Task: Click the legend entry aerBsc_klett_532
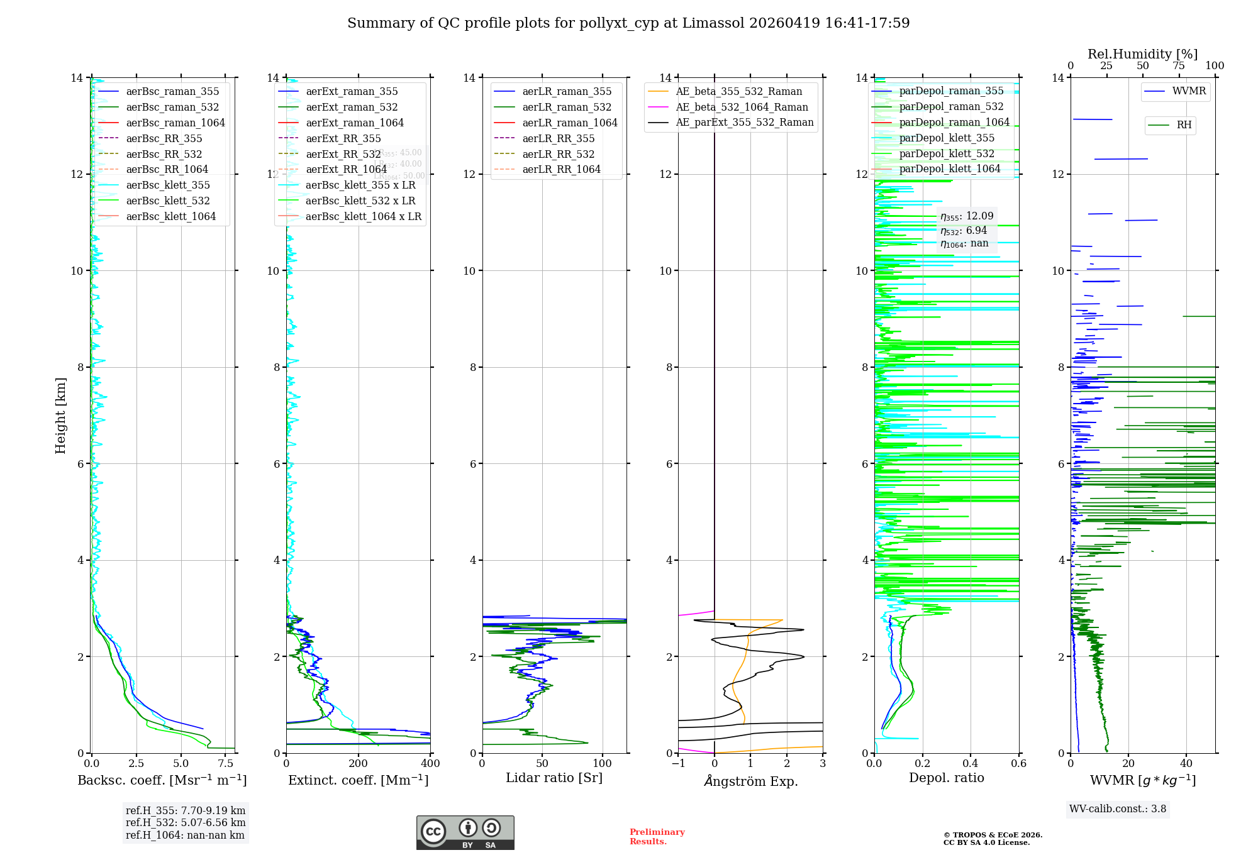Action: click(168, 201)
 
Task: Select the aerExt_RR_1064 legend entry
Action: click(346, 170)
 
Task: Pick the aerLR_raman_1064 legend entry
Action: click(570, 123)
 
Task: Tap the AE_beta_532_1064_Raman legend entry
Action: click(742, 108)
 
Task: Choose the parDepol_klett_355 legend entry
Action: click(947, 138)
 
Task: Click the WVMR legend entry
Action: click(1189, 91)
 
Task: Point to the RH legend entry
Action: click(1184, 125)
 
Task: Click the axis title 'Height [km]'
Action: click(60, 416)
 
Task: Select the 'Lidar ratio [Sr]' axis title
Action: click(554, 778)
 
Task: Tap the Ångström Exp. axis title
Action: click(751, 781)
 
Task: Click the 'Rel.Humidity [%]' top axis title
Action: click(1142, 54)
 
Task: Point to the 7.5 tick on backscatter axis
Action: click(226, 764)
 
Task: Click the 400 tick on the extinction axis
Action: click(430, 764)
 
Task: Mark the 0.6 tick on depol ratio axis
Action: click(1018, 764)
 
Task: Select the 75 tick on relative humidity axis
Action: click(1179, 66)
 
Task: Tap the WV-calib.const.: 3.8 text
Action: click(1118, 809)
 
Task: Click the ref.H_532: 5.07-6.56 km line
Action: click(186, 823)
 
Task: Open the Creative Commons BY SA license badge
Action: click(465, 833)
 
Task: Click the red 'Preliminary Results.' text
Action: click(657, 837)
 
